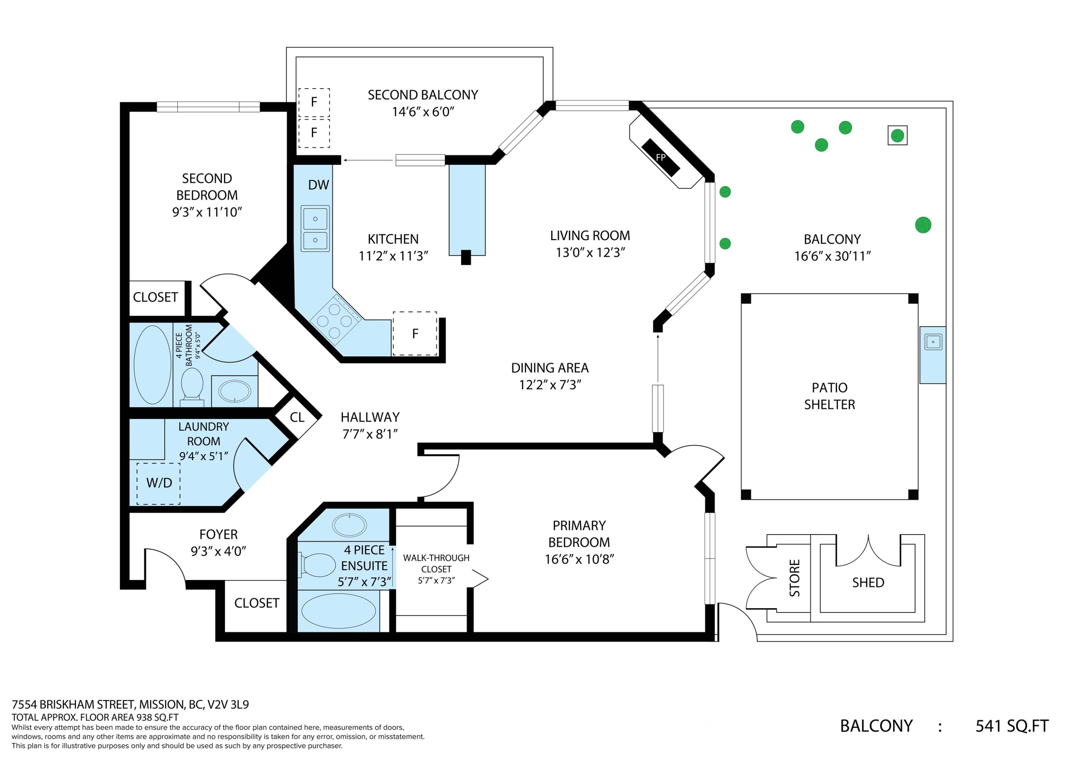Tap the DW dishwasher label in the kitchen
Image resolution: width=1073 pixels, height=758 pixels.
(x=319, y=185)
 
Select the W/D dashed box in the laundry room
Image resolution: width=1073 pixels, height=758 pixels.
(x=158, y=483)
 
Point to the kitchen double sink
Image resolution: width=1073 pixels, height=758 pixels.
(x=315, y=229)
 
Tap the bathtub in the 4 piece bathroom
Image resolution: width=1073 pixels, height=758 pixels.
(x=152, y=365)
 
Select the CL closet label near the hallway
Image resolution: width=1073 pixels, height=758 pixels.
(x=297, y=417)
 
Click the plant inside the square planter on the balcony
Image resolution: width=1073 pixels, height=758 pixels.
(x=897, y=136)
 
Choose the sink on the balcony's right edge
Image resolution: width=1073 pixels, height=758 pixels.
(x=933, y=342)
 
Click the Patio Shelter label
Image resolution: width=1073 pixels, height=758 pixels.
(x=829, y=396)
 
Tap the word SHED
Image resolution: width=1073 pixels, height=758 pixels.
(x=868, y=582)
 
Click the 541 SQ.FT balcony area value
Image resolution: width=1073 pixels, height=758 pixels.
(x=1012, y=726)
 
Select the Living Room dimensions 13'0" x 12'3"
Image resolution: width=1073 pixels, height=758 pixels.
(x=590, y=253)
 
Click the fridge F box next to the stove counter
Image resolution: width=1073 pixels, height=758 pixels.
(x=415, y=334)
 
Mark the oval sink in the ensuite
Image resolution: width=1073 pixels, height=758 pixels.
(x=349, y=525)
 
